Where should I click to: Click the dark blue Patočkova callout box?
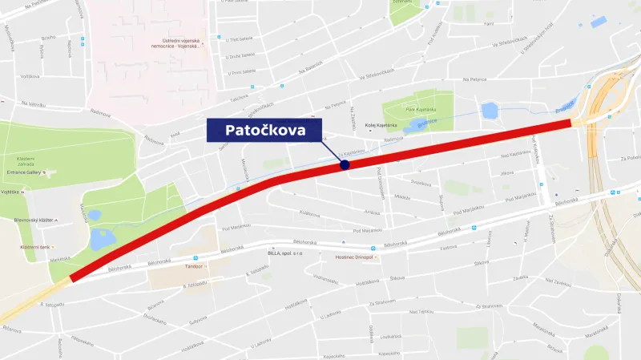264,130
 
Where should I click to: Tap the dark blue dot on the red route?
345,164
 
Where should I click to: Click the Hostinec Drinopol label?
355,258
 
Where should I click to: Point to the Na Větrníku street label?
35,104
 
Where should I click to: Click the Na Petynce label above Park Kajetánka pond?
476,80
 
